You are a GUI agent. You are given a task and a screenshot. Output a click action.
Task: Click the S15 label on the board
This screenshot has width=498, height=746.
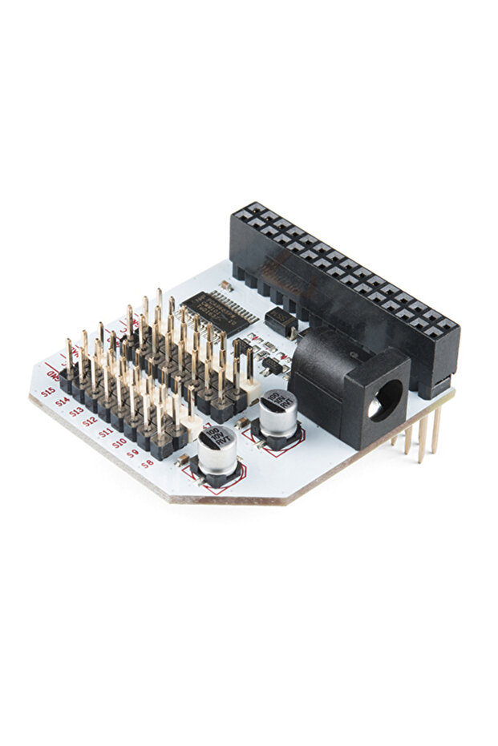[48, 393]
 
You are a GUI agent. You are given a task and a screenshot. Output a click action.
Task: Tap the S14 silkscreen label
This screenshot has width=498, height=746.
[62, 402]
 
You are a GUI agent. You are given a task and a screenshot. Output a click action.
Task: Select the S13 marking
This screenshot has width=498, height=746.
[76, 411]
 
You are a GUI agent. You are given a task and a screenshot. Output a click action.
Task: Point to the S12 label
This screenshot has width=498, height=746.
[91, 421]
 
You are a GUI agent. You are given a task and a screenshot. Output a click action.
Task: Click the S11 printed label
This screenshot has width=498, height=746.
[105, 432]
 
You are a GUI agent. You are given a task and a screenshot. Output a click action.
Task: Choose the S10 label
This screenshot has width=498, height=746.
[119, 442]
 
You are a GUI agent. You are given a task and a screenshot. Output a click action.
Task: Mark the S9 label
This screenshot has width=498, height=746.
[133, 453]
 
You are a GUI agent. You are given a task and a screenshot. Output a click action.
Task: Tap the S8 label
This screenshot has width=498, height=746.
[147, 463]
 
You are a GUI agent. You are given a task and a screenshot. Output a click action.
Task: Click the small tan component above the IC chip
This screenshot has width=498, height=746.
[227, 285]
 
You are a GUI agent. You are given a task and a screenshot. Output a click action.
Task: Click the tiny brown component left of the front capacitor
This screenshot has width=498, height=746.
[183, 459]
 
